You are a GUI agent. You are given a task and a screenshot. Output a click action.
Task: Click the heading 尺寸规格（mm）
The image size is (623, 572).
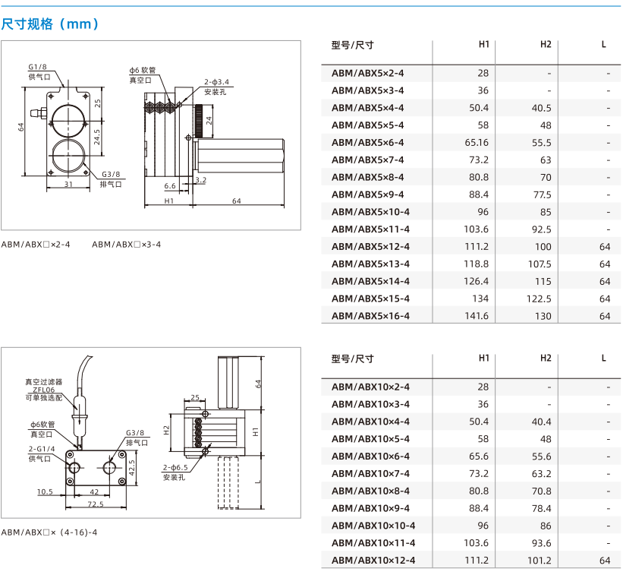click(x=50, y=24)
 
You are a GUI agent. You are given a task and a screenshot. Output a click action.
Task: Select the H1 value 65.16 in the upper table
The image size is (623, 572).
click(x=477, y=142)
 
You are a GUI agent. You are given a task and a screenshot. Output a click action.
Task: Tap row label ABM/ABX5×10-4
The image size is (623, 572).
click(x=370, y=212)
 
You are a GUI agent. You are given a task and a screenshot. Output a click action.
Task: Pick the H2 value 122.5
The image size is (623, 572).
click(x=539, y=299)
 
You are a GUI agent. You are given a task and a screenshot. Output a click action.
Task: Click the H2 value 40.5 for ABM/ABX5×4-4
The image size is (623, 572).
click(x=541, y=108)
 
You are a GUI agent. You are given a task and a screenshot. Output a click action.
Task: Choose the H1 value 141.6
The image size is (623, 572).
click(x=477, y=316)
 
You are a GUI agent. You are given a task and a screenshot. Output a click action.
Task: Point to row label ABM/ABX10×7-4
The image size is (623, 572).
click(x=370, y=473)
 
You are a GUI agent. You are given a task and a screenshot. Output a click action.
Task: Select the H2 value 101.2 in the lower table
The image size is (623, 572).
click(x=540, y=560)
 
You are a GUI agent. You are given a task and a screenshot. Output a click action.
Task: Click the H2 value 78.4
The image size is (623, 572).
click(x=542, y=508)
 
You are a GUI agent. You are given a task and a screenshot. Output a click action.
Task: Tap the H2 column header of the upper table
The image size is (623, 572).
click(x=546, y=44)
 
